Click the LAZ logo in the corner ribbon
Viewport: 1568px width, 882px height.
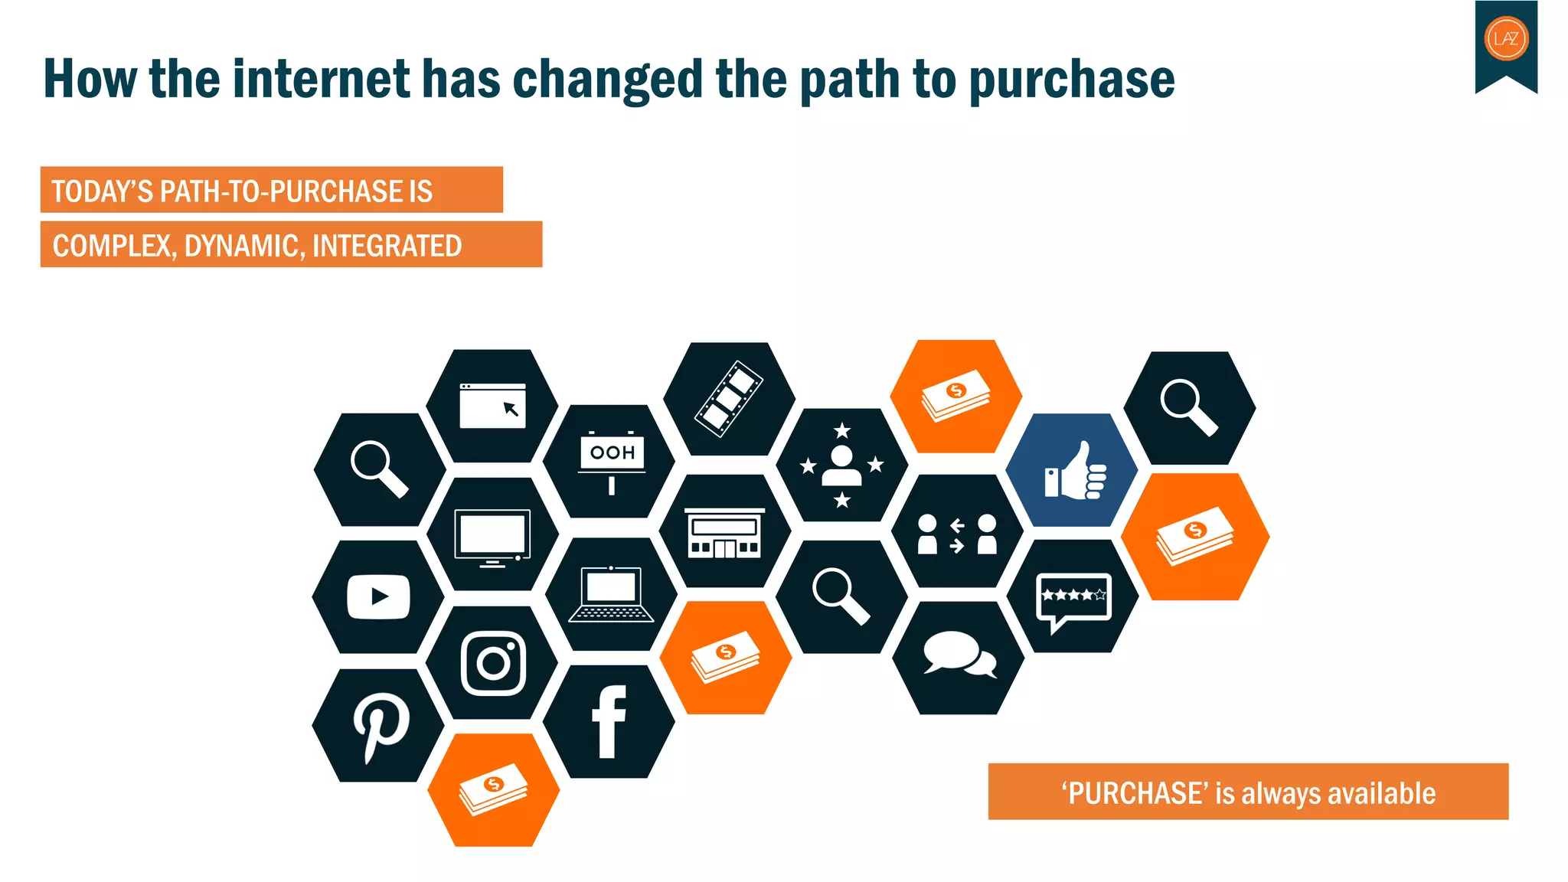(1506, 38)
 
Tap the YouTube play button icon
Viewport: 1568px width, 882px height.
(378, 596)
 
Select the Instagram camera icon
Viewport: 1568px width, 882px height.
(494, 663)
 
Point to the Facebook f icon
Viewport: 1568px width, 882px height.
(609, 722)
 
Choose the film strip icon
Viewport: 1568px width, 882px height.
(728, 399)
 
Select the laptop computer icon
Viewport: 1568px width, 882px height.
(611, 594)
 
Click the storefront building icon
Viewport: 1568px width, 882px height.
(724, 533)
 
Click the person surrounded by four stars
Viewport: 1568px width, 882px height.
(841, 465)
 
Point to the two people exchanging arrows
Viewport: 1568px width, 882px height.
(957, 534)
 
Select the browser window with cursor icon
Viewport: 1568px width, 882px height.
(492, 406)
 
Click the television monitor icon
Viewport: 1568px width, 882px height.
(492, 537)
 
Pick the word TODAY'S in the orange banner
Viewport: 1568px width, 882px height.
(102, 191)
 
